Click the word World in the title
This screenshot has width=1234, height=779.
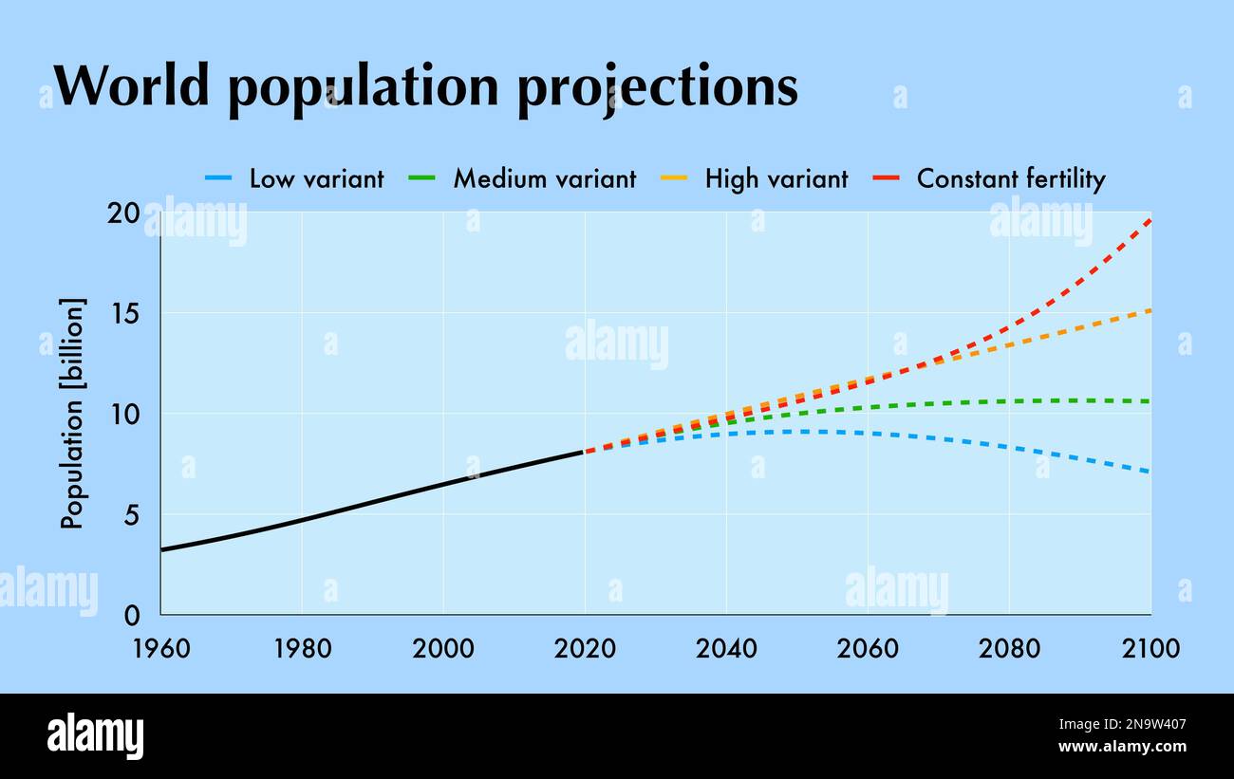pyautogui.click(x=130, y=85)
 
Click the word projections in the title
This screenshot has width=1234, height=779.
pyautogui.click(x=657, y=87)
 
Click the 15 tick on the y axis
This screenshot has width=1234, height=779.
pyautogui.click(x=127, y=313)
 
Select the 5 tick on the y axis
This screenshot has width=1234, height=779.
pyautogui.click(x=132, y=514)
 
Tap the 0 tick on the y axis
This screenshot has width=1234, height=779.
pyautogui.click(x=132, y=615)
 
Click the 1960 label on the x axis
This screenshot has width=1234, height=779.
pyautogui.click(x=161, y=649)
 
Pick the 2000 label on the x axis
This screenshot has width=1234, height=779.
pyautogui.click(x=443, y=649)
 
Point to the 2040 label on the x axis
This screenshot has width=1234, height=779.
pyautogui.click(x=726, y=649)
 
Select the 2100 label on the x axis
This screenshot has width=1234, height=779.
pyautogui.click(x=1150, y=649)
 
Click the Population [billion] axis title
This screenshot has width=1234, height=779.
pyautogui.click(x=73, y=414)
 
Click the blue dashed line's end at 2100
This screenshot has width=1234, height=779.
pyautogui.click(x=1150, y=472)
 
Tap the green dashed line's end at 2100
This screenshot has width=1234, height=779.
pyautogui.click(x=1150, y=401)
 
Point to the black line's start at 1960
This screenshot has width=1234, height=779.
pyautogui.click(x=161, y=549)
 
